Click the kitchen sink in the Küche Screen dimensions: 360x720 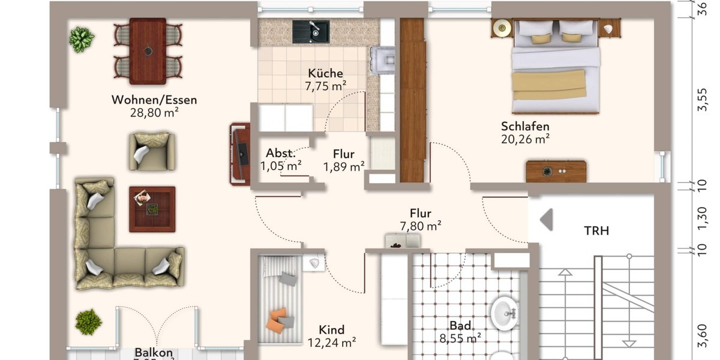(x=311, y=32)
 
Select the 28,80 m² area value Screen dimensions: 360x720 (x=154, y=112)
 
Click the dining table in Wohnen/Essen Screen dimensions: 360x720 (x=148, y=51)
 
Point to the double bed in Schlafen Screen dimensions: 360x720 (x=556, y=66)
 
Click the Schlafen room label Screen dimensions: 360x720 (x=525, y=127)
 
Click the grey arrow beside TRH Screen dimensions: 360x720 (x=547, y=220)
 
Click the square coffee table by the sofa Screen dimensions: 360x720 (x=152, y=209)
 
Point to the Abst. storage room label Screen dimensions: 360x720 (x=280, y=153)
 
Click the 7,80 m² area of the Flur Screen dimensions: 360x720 (x=420, y=226)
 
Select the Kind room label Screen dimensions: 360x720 (x=331, y=330)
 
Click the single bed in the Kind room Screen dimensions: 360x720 (x=281, y=299)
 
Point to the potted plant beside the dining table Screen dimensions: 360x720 (x=82, y=40)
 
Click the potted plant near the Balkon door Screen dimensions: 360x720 (x=88, y=322)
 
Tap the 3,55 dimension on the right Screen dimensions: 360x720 (x=701, y=100)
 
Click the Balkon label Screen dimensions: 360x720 (x=154, y=353)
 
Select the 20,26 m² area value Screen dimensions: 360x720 (x=525, y=139)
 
